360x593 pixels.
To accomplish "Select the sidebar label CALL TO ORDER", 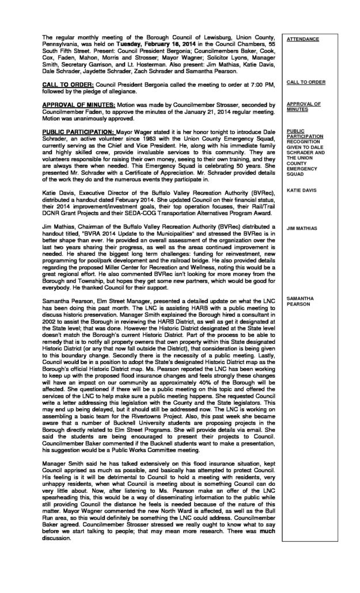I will click(305, 82).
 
